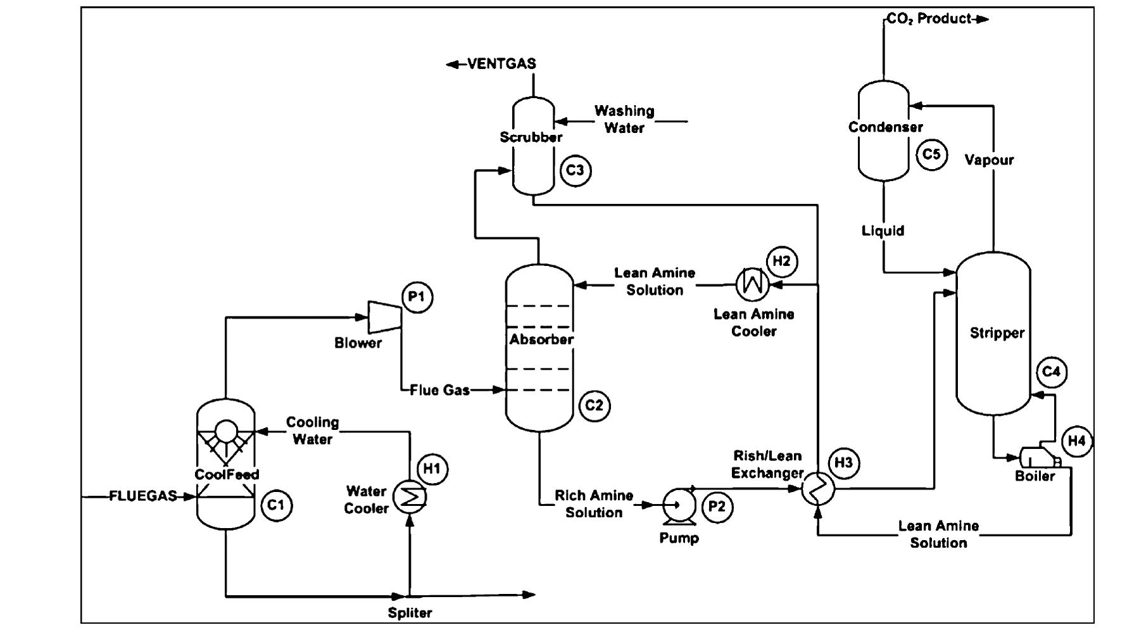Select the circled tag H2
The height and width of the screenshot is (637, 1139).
(782, 262)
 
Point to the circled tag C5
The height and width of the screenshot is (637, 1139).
(932, 155)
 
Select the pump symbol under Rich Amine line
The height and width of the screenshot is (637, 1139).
(678, 506)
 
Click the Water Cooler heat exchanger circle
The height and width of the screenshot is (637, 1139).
(410, 497)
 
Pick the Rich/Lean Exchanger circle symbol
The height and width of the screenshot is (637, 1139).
(818, 489)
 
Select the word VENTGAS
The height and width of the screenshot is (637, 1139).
(501, 64)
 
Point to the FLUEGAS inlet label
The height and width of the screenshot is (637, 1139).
(143, 496)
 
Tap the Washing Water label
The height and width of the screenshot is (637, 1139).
(624, 119)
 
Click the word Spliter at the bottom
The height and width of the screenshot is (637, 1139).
(410, 613)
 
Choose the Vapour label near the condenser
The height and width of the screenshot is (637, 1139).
(989, 160)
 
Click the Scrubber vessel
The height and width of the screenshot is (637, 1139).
(533, 146)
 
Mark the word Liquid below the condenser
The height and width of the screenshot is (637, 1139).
(883, 230)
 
